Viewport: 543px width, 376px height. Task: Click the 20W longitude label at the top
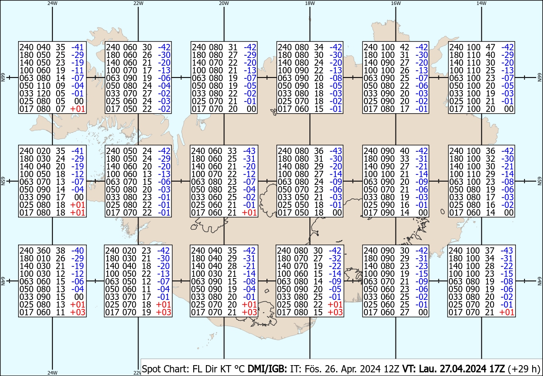224,4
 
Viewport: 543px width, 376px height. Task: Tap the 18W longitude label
310,4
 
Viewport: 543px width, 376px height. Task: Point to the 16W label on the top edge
395,4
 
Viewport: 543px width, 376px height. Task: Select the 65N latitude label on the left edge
3,181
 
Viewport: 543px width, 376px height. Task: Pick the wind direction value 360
43,251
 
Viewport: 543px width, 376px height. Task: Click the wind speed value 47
490,47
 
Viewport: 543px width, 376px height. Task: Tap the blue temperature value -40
77,251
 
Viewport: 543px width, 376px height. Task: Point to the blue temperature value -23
422,266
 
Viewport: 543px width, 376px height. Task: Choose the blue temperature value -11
77,70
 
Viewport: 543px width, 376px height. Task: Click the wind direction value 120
43,93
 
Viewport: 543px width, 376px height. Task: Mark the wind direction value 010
43,258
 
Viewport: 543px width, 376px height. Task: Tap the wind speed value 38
60,251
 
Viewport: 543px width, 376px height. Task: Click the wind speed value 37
490,251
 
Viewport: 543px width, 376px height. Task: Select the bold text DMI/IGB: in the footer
267,369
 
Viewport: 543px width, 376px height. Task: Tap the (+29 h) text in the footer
524,369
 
